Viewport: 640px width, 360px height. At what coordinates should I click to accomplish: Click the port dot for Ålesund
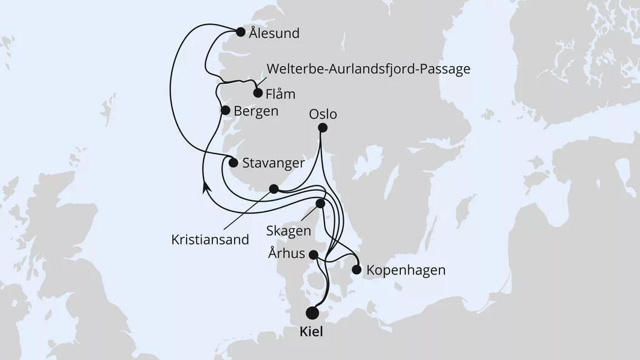click(x=241, y=33)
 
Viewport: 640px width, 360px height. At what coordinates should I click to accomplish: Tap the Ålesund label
click(x=274, y=33)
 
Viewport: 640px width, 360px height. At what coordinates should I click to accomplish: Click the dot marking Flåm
click(x=258, y=93)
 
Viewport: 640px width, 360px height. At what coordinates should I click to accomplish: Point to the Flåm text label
click(x=281, y=94)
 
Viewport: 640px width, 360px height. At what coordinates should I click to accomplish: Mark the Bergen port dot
click(x=225, y=110)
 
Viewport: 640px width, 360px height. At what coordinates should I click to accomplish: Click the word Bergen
click(x=256, y=111)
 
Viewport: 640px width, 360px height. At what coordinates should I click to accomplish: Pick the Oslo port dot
click(x=323, y=128)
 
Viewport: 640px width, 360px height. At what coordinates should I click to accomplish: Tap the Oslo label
click(x=323, y=114)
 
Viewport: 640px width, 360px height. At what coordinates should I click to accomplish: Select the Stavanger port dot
click(x=234, y=162)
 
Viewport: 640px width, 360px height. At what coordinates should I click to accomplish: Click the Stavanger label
click(x=273, y=163)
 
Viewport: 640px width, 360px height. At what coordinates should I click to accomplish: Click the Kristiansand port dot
click(x=274, y=189)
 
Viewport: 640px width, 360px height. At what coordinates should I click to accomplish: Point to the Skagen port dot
click(x=320, y=203)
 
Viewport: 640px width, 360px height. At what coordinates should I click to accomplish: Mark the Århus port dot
click(x=313, y=255)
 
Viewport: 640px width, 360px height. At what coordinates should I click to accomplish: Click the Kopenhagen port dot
click(x=356, y=270)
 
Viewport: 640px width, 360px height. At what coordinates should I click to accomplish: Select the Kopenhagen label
click(x=406, y=270)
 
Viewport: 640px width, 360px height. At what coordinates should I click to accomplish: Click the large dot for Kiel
click(x=312, y=312)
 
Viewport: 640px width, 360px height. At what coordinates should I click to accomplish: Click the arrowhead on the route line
click(x=206, y=187)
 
